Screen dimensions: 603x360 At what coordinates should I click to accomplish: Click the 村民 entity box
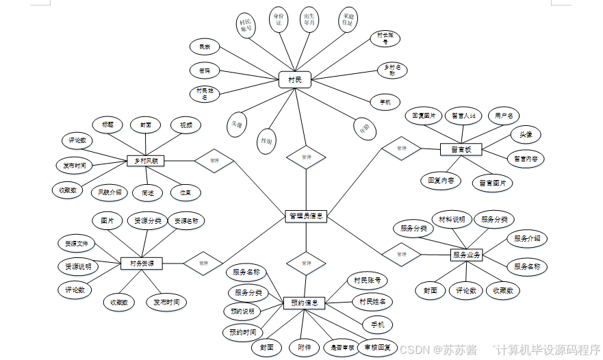click(295, 81)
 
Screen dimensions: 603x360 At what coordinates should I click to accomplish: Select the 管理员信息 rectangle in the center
click(305, 216)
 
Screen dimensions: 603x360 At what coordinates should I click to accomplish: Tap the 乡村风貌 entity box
click(145, 161)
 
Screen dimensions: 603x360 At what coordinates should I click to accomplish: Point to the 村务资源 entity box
click(142, 263)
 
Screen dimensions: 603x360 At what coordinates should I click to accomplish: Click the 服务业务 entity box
click(467, 255)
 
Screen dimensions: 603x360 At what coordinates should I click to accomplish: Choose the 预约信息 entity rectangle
click(304, 303)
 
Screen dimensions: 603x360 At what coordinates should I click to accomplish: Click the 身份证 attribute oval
click(278, 21)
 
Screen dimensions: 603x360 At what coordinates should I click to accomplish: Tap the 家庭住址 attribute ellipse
click(348, 21)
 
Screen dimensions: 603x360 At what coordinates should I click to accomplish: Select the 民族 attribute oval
click(205, 47)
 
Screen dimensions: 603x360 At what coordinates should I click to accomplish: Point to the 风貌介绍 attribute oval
click(110, 192)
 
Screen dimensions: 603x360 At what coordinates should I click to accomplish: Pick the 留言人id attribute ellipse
click(463, 115)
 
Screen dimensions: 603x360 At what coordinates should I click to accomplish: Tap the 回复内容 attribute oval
click(440, 181)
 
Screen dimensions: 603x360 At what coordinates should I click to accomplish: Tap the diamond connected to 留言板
click(400, 148)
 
